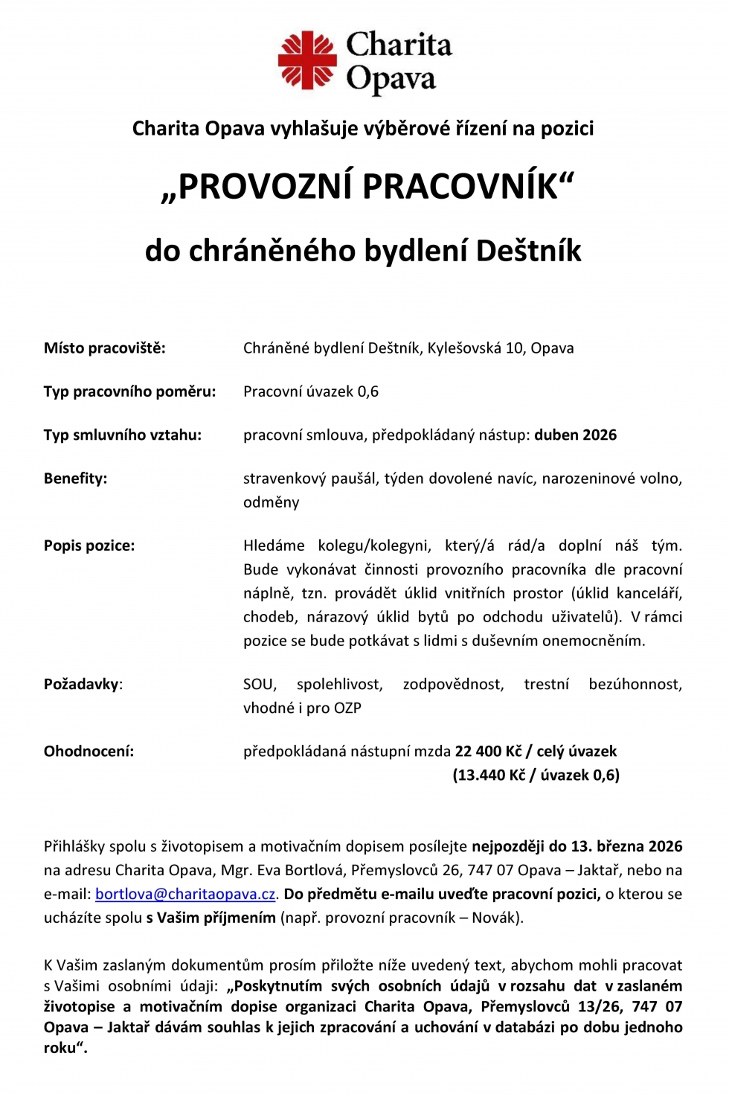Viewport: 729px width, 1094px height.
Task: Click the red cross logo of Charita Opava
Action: (x=306, y=60)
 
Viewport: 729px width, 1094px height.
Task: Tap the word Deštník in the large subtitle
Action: (x=528, y=251)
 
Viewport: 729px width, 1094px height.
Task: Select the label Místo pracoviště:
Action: (x=104, y=348)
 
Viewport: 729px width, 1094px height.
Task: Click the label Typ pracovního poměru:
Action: (x=129, y=391)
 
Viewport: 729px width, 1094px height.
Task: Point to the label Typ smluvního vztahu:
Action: (x=122, y=435)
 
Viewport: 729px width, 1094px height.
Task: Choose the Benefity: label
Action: (x=75, y=479)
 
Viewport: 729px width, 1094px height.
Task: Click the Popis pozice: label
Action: (x=89, y=546)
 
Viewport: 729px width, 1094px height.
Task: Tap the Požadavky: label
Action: (x=83, y=684)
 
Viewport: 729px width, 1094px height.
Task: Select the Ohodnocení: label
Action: (x=89, y=752)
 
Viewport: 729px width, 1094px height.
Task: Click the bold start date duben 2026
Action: (x=575, y=435)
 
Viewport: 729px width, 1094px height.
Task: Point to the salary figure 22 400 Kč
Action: (x=489, y=752)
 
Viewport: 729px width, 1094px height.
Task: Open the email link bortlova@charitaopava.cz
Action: (x=185, y=894)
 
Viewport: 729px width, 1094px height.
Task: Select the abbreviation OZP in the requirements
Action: (x=346, y=708)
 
